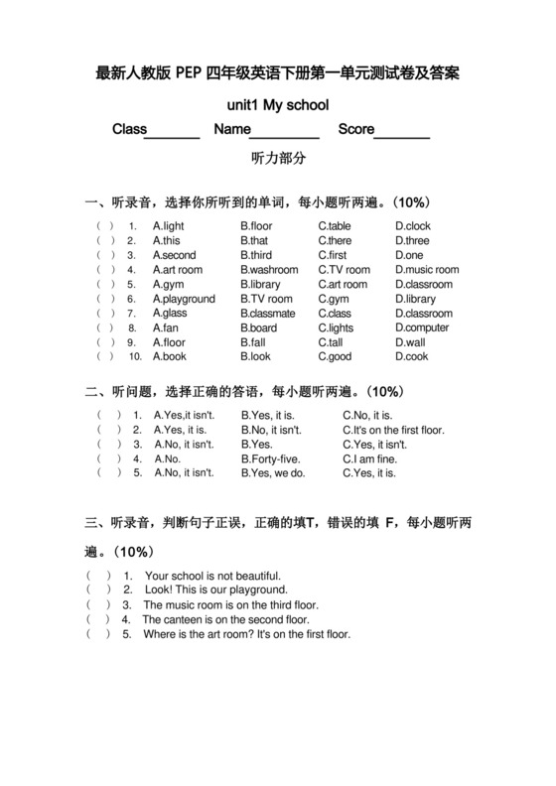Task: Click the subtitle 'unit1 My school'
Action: [278, 104]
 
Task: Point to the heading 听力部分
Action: [279, 158]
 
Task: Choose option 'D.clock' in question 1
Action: [413, 226]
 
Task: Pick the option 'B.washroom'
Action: [269, 270]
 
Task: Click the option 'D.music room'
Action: [427, 270]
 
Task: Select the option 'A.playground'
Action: [184, 299]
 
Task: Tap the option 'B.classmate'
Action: [268, 314]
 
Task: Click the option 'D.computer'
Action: [422, 327]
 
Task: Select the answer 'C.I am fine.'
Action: [371, 459]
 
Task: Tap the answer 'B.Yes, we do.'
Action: [273, 473]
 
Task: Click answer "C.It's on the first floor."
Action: [394, 431]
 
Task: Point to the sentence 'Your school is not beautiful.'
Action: [212, 576]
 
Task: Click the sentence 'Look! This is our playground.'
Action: [215, 589]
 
